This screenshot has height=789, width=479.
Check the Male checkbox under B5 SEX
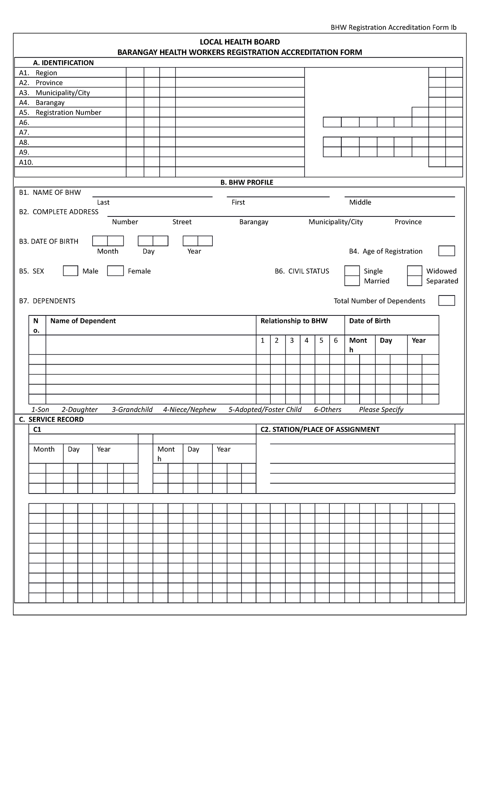point(71,271)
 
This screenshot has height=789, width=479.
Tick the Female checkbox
point(115,271)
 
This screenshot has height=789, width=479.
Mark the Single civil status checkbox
point(352,271)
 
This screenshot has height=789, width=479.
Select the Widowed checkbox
point(415,271)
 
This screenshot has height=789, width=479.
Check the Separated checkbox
point(415,281)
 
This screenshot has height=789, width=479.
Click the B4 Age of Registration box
point(446,251)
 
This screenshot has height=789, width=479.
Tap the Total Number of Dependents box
point(446,301)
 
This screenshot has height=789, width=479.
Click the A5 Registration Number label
point(68,113)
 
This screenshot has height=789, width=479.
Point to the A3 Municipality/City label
point(62,93)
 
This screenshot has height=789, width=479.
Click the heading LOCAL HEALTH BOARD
point(239,42)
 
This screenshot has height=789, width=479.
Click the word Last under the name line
point(103,202)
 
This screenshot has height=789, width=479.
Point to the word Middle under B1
point(360,202)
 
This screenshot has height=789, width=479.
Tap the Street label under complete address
point(182,222)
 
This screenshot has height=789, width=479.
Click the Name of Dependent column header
point(83,321)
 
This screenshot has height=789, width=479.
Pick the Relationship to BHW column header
point(294,321)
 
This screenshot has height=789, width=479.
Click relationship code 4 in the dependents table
point(307,341)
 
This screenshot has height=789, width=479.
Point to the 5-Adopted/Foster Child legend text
point(265,410)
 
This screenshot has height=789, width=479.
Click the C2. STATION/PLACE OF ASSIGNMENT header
point(320,430)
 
